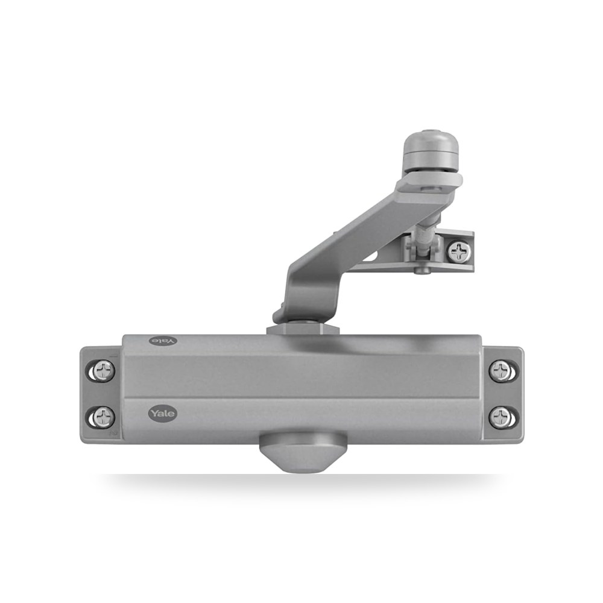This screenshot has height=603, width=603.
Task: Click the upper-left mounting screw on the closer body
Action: (104, 371)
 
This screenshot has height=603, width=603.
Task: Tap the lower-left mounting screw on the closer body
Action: (104, 417)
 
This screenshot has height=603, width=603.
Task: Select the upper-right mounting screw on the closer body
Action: (500, 371)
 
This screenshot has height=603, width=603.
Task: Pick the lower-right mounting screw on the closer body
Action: (500, 417)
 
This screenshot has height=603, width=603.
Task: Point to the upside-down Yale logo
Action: (163, 341)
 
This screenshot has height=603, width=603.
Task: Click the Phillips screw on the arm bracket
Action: (459, 252)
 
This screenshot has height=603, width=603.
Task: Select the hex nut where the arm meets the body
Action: (303, 330)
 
